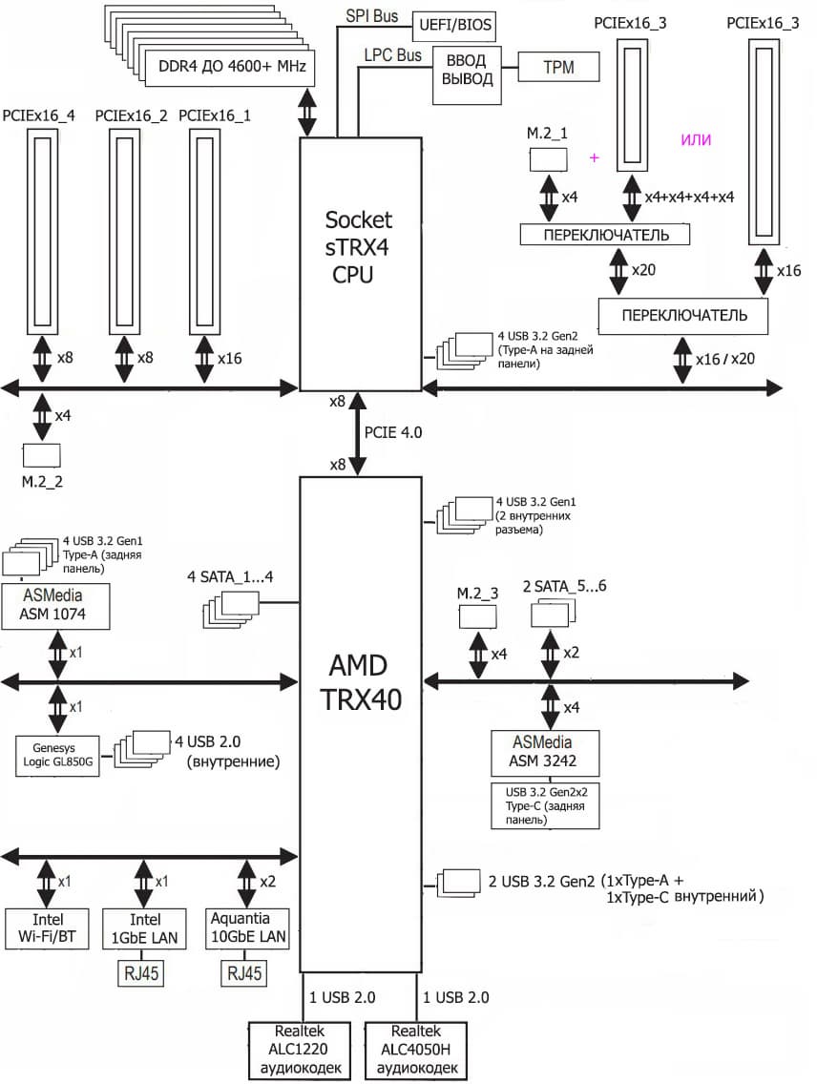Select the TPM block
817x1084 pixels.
558,67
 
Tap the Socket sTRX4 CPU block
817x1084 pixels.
360,248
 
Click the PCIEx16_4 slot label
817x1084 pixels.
39,115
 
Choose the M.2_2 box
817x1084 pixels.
42,455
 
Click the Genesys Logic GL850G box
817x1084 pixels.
58,755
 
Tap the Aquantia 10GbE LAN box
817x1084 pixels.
247,929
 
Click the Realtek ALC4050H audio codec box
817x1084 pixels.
416,1050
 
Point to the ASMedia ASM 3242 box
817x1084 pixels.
544,754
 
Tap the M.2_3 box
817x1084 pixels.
478,616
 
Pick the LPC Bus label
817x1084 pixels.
392,55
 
